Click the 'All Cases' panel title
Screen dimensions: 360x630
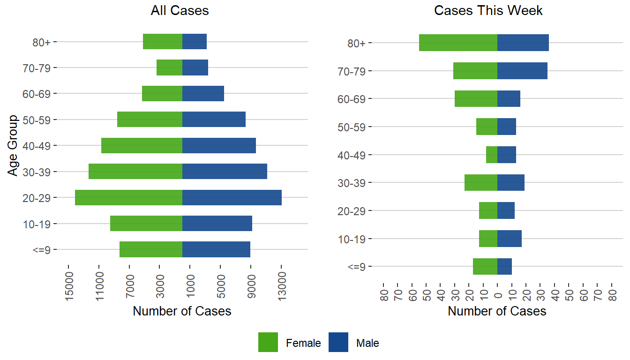pyautogui.click(x=180, y=11)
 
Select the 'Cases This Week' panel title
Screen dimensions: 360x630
pyautogui.click(x=488, y=11)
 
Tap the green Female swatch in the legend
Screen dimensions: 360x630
pyautogui.click(x=268, y=342)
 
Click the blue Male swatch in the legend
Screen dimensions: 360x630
pyautogui.click(x=338, y=342)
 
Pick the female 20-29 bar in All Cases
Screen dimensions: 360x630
pyautogui.click(x=128, y=197)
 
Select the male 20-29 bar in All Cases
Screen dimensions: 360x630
pyautogui.click(x=232, y=197)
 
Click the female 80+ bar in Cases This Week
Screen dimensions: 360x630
pyautogui.click(x=458, y=43)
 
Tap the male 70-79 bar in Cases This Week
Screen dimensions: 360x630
pyautogui.click(x=522, y=71)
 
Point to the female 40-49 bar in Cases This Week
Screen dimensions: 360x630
pyautogui.click(x=492, y=155)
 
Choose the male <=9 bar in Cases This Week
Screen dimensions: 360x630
pyautogui.click(x=504, y=266)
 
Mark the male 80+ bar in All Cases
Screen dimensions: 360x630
pyautogui.click(x=195, y=42)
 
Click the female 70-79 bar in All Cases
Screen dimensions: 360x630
pyautogui.click(x=169, y=67)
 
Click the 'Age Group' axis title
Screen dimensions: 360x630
pyautogui.click(x=14, y=145)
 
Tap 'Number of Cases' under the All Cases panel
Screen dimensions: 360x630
pyautogui.click(x=182, y=311)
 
